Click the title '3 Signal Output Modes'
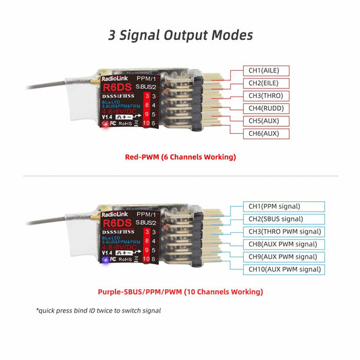coord(180,34)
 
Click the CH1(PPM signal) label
coord(274,206)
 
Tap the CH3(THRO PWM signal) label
coord(282,232)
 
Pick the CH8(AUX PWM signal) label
coord(282,244)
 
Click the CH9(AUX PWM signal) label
coord(282,257)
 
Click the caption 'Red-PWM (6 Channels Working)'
coord(180,157)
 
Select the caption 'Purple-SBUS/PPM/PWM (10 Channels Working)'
coord(180,292)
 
